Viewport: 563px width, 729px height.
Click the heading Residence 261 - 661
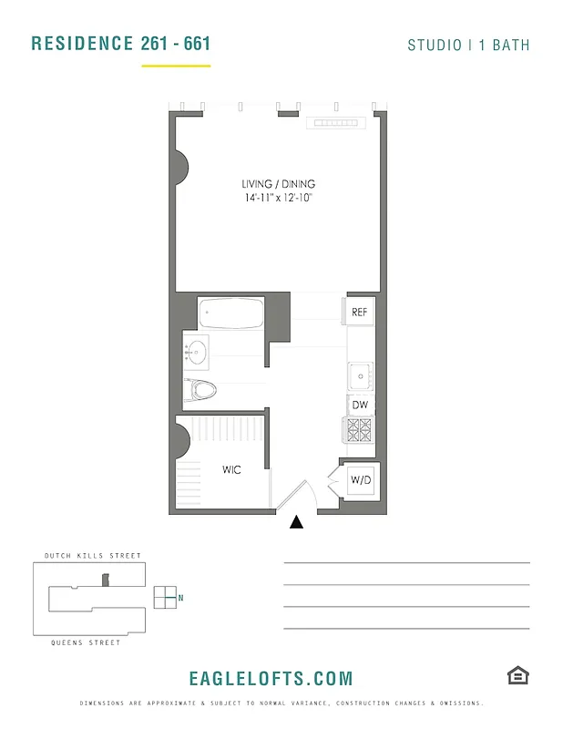click(120, 43)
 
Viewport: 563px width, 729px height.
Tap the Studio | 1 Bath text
click(468, 45)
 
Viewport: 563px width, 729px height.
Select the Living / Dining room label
click(278, 184)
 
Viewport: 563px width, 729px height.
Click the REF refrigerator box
click(360, 313)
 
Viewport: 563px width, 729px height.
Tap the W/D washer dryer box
click(359, 480)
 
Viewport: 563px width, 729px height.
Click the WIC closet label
click(231, 470)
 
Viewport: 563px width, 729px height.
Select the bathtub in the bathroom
click(231, 314)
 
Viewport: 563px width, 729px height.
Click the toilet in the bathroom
click(202, 390)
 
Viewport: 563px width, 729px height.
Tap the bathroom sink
click(196, 349)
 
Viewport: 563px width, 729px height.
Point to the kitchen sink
click(359, 374)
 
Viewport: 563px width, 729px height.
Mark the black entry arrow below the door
click(296, 522)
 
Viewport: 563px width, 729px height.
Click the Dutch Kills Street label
click(93, 556)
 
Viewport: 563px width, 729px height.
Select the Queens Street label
click(86, 642)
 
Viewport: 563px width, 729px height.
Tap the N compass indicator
click(180, 598)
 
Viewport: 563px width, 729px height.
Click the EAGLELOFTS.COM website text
click(271, 678)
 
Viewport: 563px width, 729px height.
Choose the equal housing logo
click(518, 675)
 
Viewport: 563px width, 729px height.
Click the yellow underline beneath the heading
click(176, 66)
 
